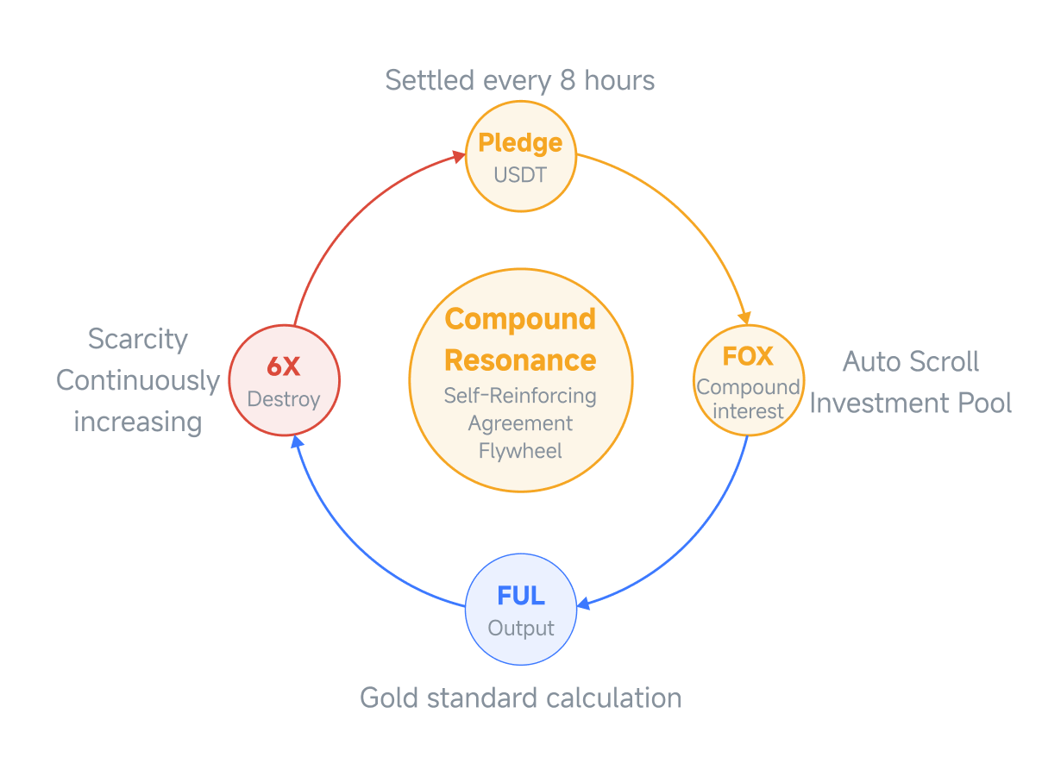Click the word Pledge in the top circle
[x=519, y=143]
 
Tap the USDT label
[x=520, y=175]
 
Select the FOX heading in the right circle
[x=748, y=356]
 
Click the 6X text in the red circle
[x=283, y=366]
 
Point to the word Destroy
[x=283, y=400]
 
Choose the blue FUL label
[x=521, y=596]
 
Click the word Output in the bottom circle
[x=521, y=629]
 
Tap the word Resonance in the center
[x=520, y=360]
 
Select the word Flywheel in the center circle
[x=520, y=452]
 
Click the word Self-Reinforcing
[x=520, y=396]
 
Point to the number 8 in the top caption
[x=568, y=80]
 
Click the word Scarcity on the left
[x=138, y=340]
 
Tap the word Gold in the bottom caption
[x=389, y=698]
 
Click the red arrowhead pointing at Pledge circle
[x=459, y=156]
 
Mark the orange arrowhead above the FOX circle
[x=744, y=317]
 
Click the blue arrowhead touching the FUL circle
[x=583, y=604]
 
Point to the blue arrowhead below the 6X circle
[x=297, y=442]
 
